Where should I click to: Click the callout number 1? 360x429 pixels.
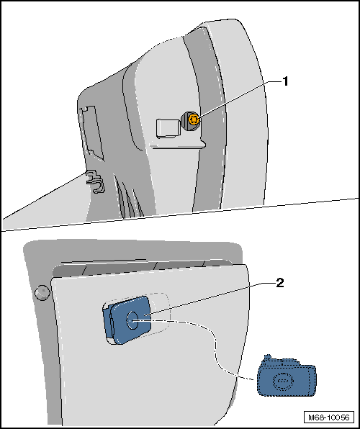285,81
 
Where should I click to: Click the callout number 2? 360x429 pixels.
279,283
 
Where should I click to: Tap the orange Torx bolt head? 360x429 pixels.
194,119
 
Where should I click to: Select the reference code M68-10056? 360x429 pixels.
329,417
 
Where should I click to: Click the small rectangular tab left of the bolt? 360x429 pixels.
168,128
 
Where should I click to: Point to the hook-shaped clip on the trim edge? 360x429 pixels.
95,181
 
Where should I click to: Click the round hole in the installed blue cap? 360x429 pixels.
132,320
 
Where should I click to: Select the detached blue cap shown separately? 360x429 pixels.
287,376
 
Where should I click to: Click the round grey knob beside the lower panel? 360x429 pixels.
42,293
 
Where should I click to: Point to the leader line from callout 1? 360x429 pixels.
239,100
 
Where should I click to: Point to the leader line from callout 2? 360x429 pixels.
209,300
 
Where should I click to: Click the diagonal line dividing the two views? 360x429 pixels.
180,214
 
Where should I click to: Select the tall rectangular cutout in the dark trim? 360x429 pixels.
91,132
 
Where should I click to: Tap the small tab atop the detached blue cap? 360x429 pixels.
267,358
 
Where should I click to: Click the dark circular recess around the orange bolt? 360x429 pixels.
191,121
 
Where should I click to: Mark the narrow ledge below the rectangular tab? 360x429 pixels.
179,144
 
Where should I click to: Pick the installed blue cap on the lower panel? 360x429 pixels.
127,320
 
